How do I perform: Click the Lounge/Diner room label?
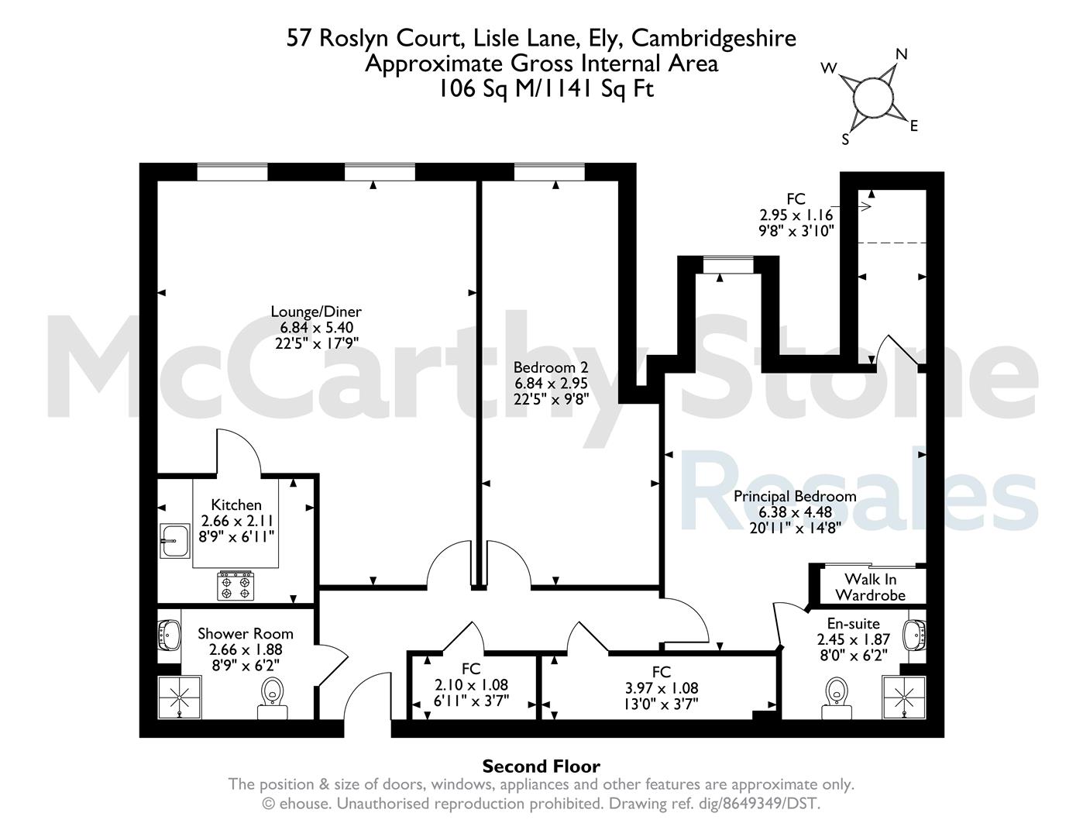(316, 312)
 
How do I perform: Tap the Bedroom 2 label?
(551, 367)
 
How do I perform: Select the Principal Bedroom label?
(795, 497)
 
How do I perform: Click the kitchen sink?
(175, 541)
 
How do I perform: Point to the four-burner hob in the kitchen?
(236, 586)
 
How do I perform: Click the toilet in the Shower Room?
(272, 697)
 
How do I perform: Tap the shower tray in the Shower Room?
(180, 697)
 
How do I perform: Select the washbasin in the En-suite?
(915, 635)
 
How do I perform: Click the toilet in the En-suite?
(837, 698)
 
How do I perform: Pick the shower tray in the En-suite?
(904, 697)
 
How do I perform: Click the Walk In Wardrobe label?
(870, 587)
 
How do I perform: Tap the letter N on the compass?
(902, 53)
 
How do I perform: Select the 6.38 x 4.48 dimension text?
(795, 512)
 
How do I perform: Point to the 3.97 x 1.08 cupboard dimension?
(662, 688)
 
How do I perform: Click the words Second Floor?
(541, 766)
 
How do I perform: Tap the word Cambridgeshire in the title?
(713, 39)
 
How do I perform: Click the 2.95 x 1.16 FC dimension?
(796, 215)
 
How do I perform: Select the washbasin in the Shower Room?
(169, 635)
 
